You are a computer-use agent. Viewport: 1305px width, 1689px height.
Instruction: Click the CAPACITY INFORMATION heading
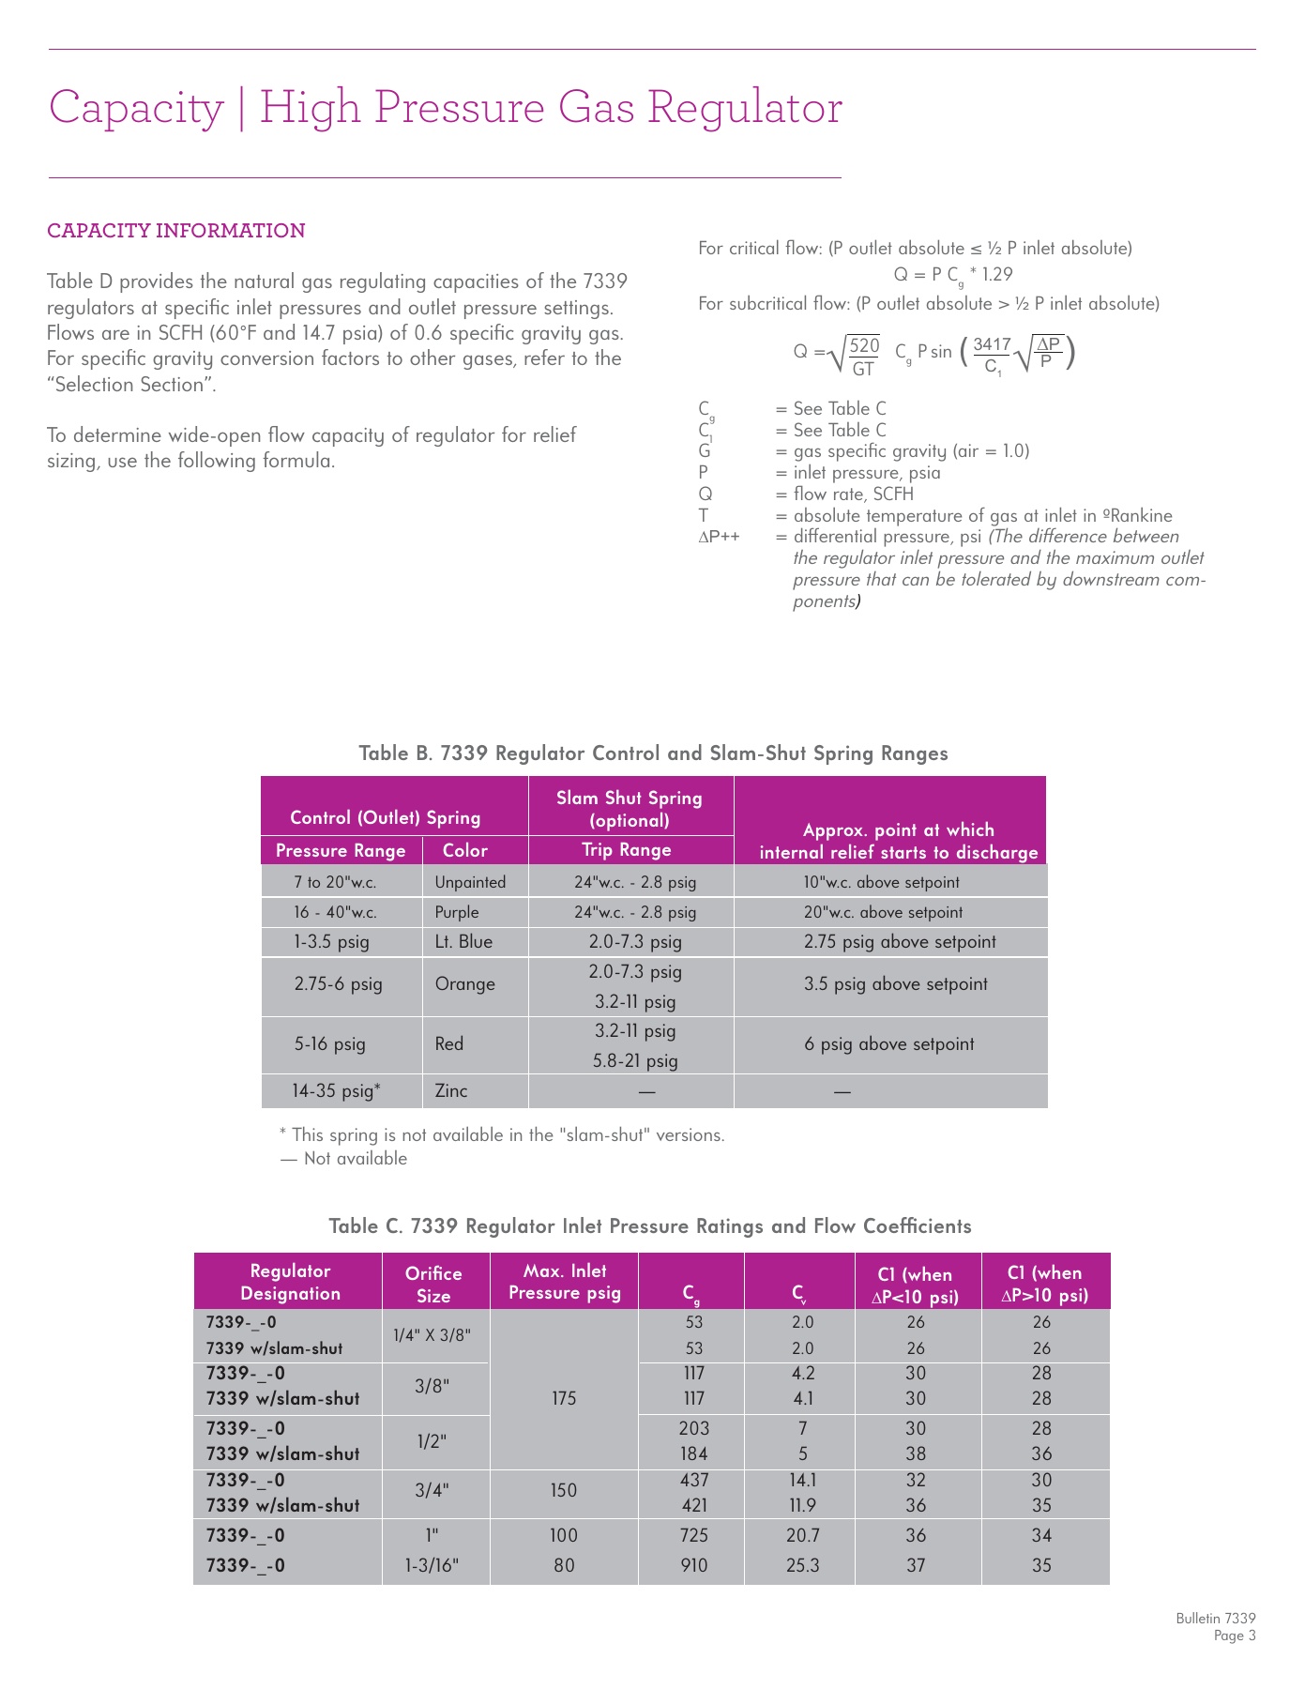click(176, 231)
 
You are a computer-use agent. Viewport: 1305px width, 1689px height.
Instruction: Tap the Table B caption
click(653, 753)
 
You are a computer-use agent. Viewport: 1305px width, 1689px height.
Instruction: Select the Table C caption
click(649, 1226)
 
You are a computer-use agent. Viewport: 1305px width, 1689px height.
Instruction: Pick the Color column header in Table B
click(465, 851)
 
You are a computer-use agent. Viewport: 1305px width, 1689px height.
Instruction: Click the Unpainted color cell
click(470, 882)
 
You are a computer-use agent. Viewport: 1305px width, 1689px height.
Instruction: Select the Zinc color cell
click(451, 1091)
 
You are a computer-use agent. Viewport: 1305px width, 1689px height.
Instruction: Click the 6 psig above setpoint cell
click(888, 1044)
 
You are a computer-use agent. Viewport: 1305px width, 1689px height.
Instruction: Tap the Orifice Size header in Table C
click(433, 1285)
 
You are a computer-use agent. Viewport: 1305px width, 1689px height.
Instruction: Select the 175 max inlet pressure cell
click(564, 1398)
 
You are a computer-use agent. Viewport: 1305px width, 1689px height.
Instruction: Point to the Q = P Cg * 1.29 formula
click(952, 275)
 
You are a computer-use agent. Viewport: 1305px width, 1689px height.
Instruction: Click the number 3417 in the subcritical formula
click(992, 345)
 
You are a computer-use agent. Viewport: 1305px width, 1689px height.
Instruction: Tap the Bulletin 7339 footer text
click(1215, 1619)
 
